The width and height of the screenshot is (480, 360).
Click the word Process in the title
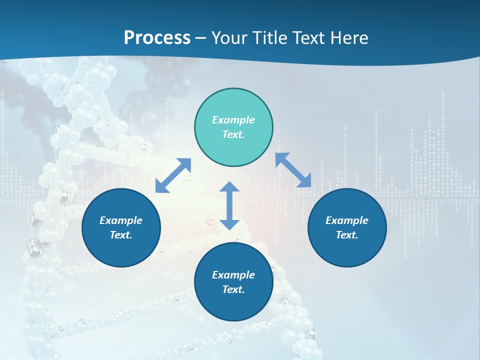click(x=157, y=38)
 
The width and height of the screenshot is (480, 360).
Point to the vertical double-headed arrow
click(x=229, y=205)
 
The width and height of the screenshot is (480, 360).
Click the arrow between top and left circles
click(x=173, y=175)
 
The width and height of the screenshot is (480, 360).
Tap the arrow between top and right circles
click(x=293, y=170)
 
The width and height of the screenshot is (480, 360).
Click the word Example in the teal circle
click(x=233, y=120)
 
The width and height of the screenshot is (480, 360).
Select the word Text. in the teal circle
click(x=233, y=134)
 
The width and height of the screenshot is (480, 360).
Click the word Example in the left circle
click(x=121, y=220)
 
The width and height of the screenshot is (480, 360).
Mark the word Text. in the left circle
click(x=121, y=235)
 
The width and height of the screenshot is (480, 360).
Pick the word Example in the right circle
click(x=347, y=220)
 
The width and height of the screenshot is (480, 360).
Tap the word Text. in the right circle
click(x=347, y=235)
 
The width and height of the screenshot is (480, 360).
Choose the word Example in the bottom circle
click(x=233, y=275)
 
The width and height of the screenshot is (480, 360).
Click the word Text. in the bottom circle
click(x=233, y=289)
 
